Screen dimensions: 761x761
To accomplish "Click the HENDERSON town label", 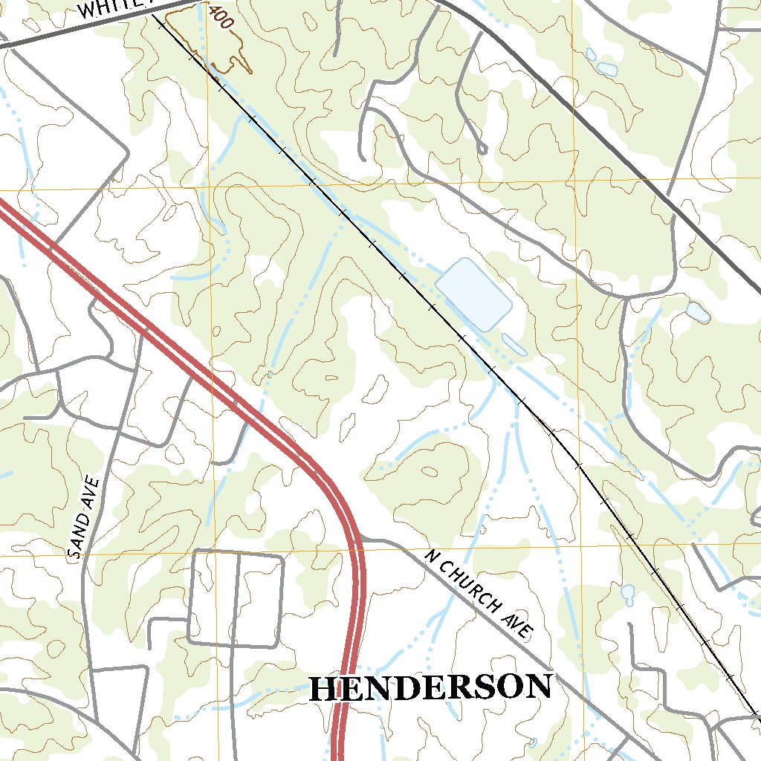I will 430,687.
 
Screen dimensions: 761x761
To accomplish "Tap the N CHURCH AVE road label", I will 480,595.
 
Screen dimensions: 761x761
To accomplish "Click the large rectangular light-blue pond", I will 473,294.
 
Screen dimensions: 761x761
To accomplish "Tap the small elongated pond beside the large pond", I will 514,344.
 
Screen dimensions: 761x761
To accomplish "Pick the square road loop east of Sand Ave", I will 236,598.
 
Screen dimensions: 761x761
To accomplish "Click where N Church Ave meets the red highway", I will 361,538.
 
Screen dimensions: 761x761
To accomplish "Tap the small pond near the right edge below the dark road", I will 698,313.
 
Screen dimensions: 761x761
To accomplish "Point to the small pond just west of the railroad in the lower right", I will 628,593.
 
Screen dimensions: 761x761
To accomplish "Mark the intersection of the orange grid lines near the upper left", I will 210,187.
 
